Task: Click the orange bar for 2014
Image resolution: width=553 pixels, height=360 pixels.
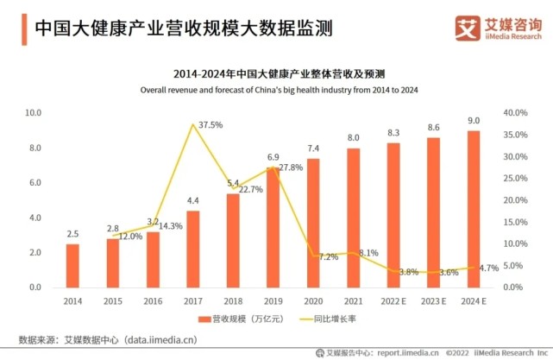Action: coord(73,265)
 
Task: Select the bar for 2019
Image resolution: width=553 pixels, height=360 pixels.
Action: coord(273,227)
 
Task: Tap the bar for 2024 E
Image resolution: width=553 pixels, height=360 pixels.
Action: coord(474,209)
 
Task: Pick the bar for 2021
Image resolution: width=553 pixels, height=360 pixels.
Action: coord(354,218)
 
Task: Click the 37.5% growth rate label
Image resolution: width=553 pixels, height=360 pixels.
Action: coord(211,125)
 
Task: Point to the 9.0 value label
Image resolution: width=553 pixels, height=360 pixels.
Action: coord(474,121)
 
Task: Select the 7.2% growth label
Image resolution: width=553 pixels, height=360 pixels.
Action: coord(329,257)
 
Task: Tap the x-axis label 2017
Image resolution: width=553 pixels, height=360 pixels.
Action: coord(193,300)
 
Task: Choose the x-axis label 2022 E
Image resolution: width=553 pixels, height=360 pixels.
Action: coord(393,300)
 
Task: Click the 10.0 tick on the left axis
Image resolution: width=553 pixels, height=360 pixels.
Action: coord(34,113)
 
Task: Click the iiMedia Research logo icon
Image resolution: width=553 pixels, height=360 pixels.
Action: coord(468,28)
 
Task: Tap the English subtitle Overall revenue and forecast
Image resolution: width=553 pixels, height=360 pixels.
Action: coord(275,89)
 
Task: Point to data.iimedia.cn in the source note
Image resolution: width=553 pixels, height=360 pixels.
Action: coord(164,339)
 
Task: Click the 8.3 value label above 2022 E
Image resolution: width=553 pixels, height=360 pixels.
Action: coord(393,133)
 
